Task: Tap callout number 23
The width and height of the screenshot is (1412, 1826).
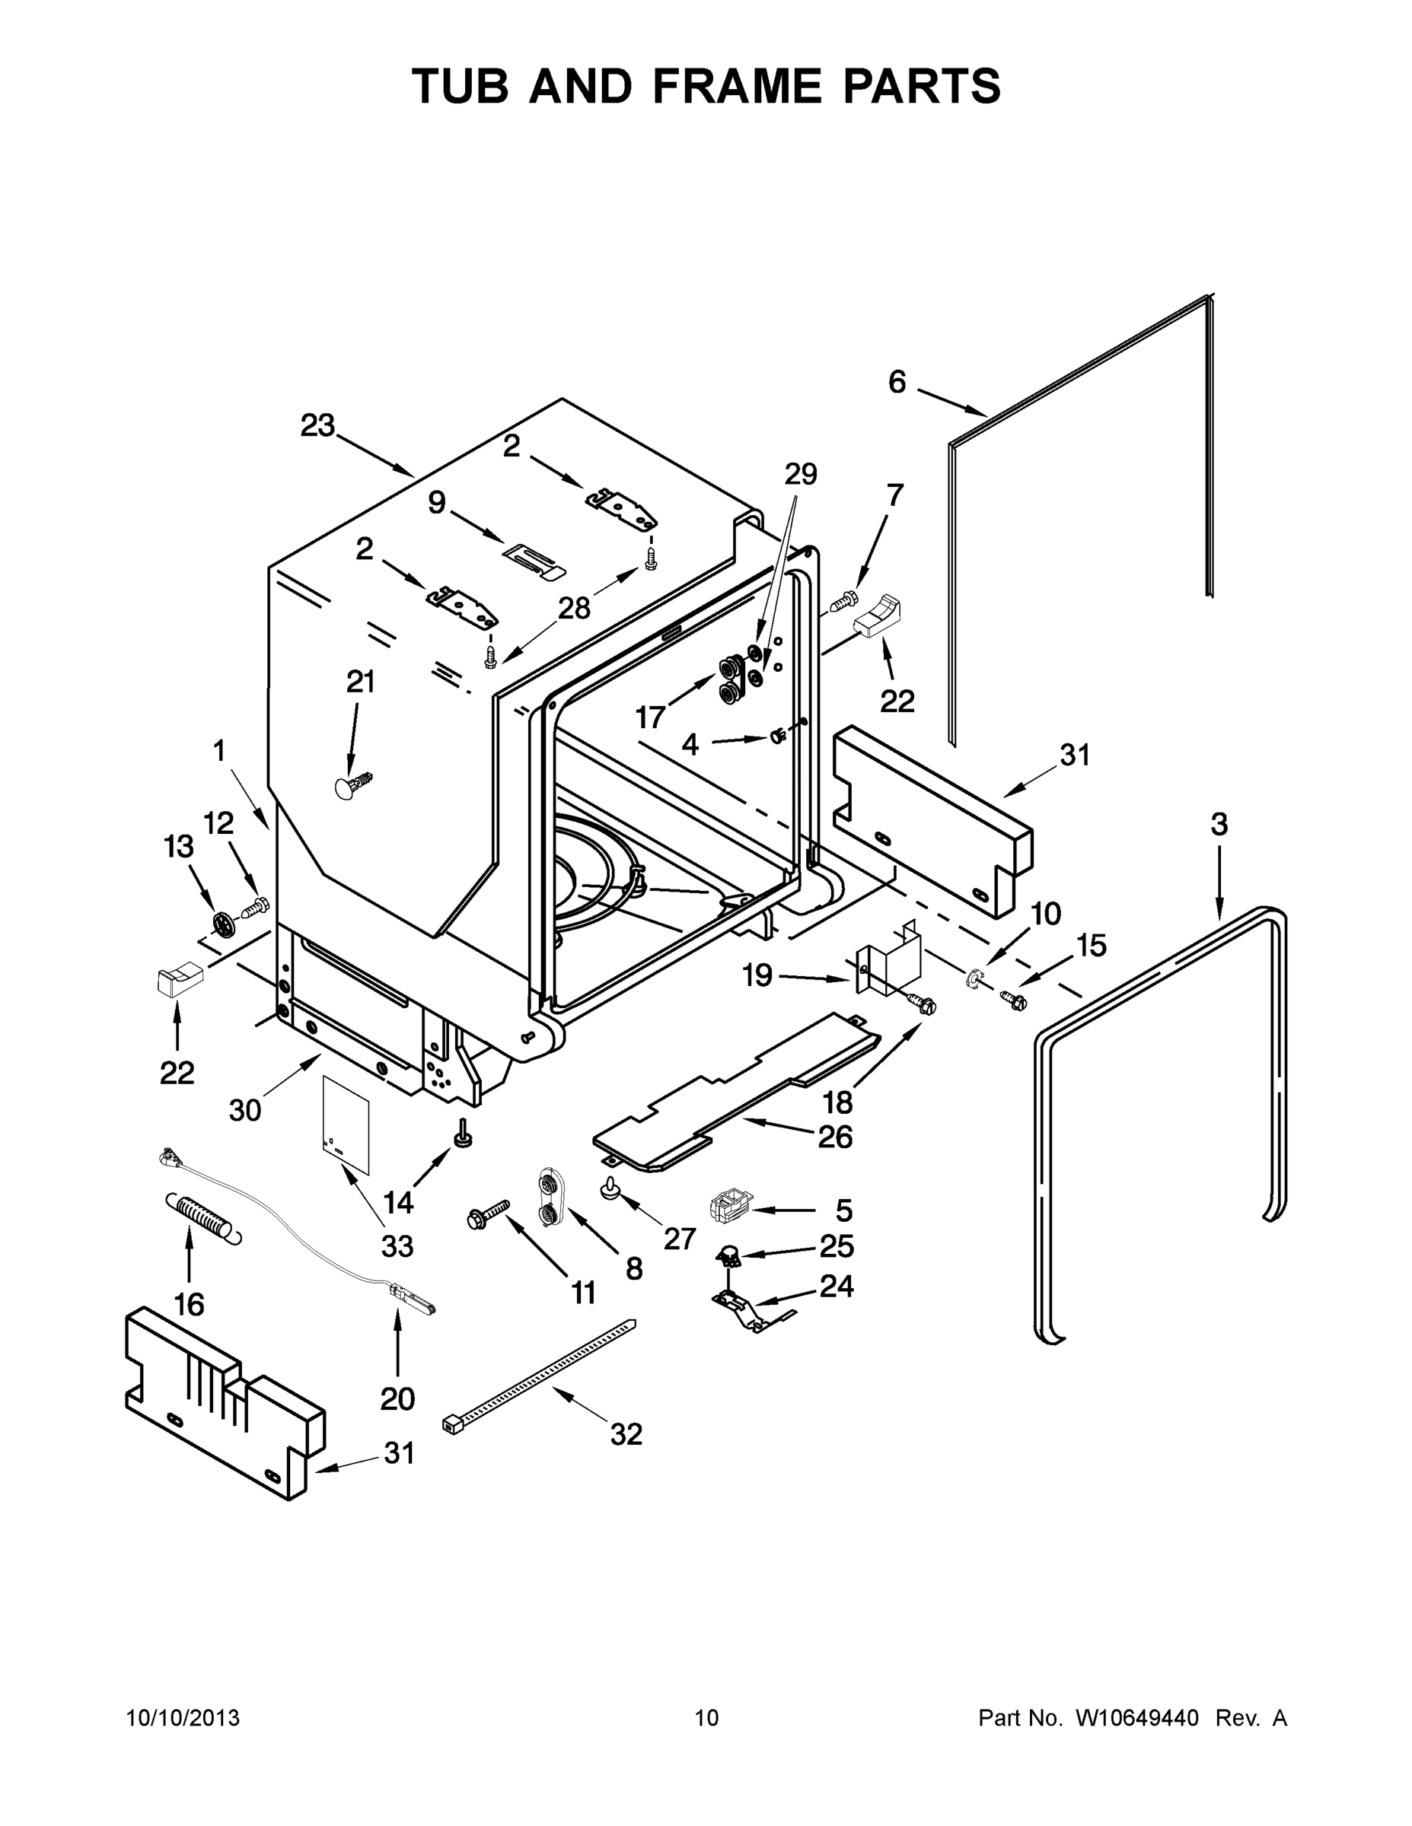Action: coord(318,425)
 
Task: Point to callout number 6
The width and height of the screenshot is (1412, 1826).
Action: coord(897,382)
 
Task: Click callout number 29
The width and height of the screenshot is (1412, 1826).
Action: coord(801,474)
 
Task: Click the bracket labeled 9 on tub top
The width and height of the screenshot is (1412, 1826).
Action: coord(534,558)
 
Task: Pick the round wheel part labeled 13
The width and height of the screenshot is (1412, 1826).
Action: coord(222,924)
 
